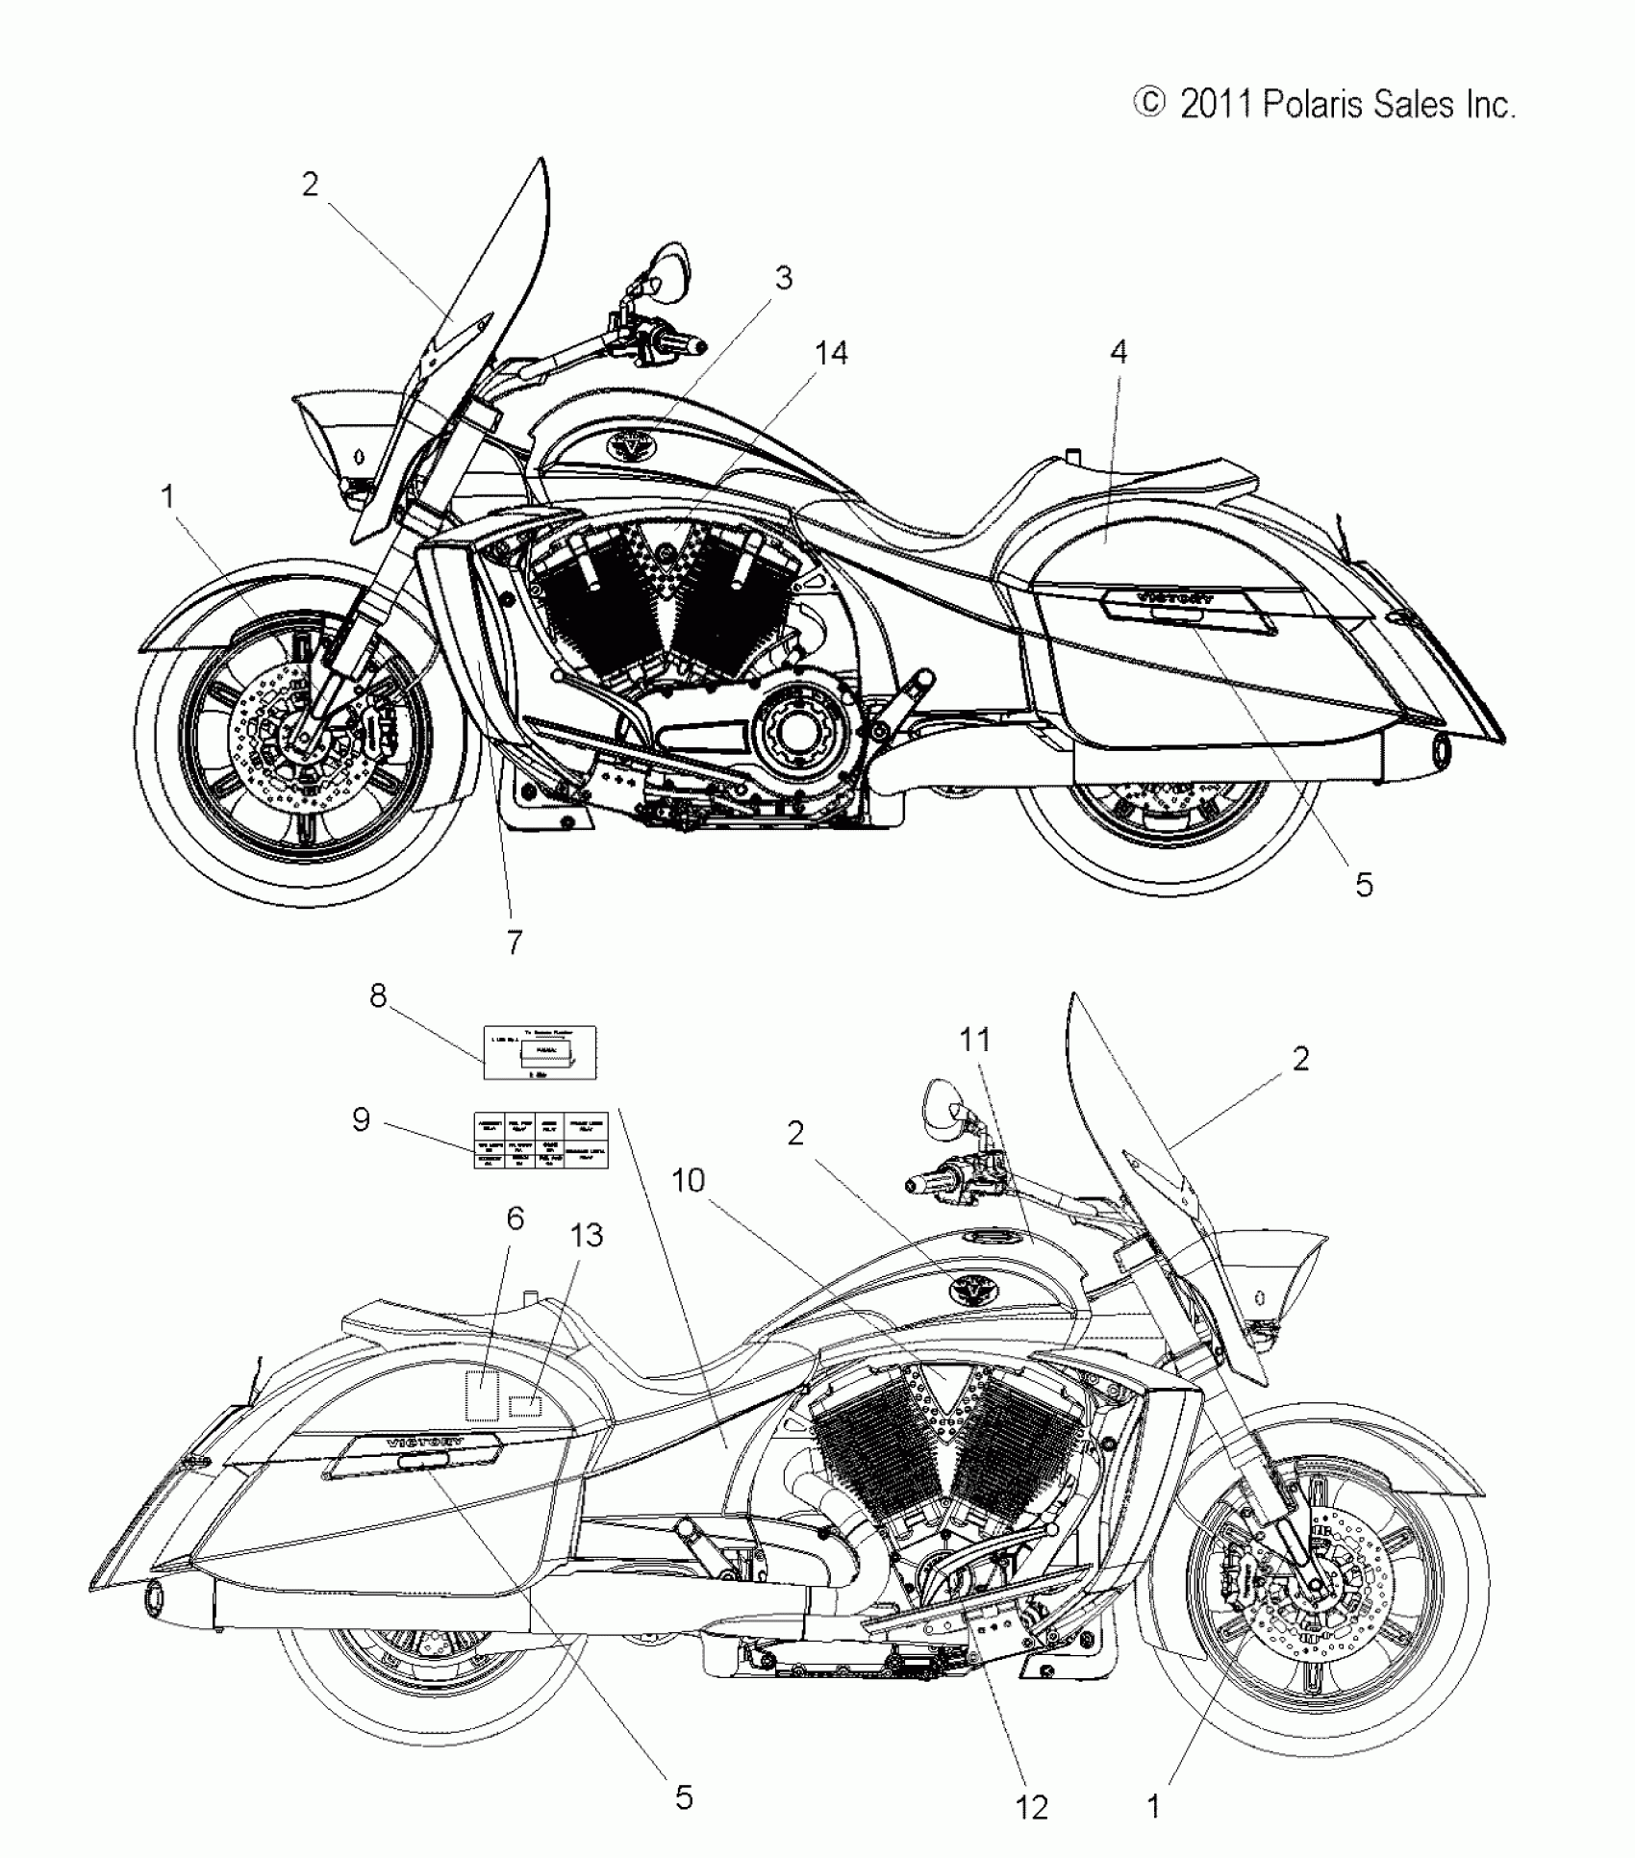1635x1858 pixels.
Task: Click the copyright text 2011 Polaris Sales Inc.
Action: tap(1325, 104)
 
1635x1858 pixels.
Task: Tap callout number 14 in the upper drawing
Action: tap(831, 354)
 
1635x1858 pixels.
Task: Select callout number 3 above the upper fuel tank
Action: tap(784, 278)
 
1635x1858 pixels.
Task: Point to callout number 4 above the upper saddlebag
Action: tap(1118, 352)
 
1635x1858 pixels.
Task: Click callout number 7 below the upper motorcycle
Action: tap(515, 942)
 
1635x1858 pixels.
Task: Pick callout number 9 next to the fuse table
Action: tap(361, 1119)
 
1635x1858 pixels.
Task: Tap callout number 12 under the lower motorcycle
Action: tap(1031, 1808)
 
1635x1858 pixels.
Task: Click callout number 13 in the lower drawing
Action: tap(587, 1235)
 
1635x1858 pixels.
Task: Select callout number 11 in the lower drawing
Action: tap(974, 1040)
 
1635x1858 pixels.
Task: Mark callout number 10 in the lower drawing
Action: tap(689, 1180)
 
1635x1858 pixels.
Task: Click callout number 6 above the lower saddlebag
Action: tap(516, 1218)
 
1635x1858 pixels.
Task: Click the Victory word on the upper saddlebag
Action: tap(1175, 596)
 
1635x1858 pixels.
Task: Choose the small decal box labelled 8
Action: tap(539, 1053)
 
